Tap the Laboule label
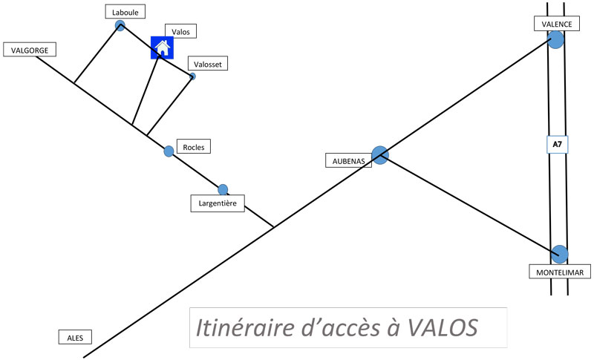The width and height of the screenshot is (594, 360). (x=125, y=12)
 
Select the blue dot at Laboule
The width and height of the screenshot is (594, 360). (x=120, y=26)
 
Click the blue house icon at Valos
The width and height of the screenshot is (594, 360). (x=162, y=48)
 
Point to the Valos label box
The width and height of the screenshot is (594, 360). (x=181, y=32)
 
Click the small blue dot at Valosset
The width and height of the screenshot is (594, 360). (x=192, y=76)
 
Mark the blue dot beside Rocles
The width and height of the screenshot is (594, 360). (x=169, y=151)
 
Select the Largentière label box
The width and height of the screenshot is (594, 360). (x=217, y=203)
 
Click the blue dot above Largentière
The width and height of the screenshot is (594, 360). (x=223, y=189)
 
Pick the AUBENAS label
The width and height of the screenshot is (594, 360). (x=348, y=160)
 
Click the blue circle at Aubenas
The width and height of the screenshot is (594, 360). (x=380, y=154)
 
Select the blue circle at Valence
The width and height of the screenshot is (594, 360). (x=556, y=40)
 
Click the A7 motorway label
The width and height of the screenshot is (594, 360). (x=557, y=144)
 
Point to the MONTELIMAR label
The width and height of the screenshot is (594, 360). (x=560, y=273)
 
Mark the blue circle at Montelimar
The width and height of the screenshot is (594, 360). (x=560, y=254)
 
